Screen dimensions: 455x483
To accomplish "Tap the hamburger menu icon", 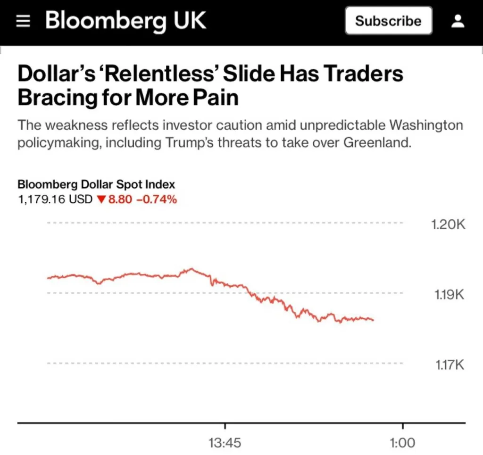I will pos(23,21).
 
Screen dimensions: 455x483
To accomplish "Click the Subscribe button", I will pos(388,21).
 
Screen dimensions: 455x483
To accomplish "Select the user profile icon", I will pos(458,21).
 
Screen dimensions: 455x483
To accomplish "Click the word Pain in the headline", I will pos(215,98).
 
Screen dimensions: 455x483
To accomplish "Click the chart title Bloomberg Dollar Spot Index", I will pos(96,184).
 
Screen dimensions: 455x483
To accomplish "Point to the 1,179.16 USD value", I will pos(55,199).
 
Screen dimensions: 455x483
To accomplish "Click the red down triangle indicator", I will pos(100,200).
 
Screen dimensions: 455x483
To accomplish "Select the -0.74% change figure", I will pos(157,199).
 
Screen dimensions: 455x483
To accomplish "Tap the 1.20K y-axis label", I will pos(448,224).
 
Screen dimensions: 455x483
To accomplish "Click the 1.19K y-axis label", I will pos(449,295).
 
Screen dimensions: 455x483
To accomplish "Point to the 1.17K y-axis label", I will pos(449,365).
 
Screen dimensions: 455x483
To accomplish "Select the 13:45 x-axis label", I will pos(225,443).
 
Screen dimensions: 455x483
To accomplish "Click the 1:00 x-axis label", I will pos(402,443).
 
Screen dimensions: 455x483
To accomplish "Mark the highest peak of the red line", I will pos(192,269).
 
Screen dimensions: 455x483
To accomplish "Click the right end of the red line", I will pos(373,320).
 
